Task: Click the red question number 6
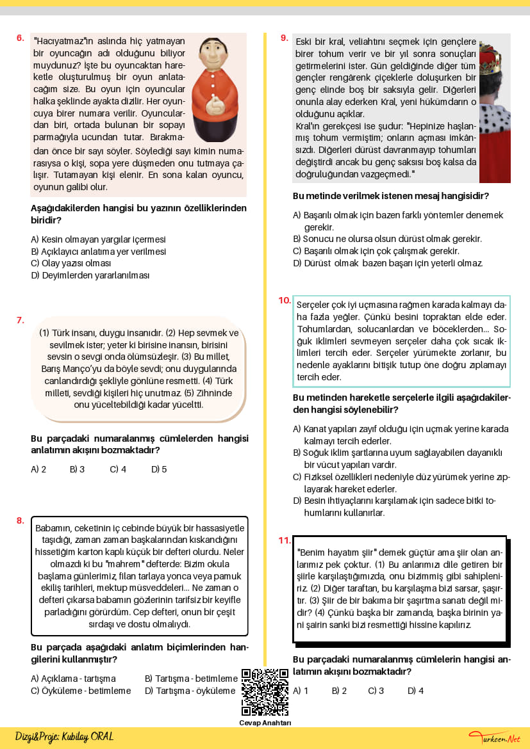[20, 38]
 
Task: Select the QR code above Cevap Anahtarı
[265, 691]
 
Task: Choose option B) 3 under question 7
[77, 469]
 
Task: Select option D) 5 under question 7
[159, 469]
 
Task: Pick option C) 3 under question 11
[376, 691]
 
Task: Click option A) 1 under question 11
[301, 691]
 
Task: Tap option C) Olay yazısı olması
[71, 263]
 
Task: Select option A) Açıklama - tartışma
[73, 679]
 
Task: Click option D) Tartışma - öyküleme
[191, 691]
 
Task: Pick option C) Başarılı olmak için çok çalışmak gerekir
[376, 251]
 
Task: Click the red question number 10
[285, 300]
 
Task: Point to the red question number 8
[20, 520]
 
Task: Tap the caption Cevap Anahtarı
[265, 723]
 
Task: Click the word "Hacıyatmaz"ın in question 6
[63, 40]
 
